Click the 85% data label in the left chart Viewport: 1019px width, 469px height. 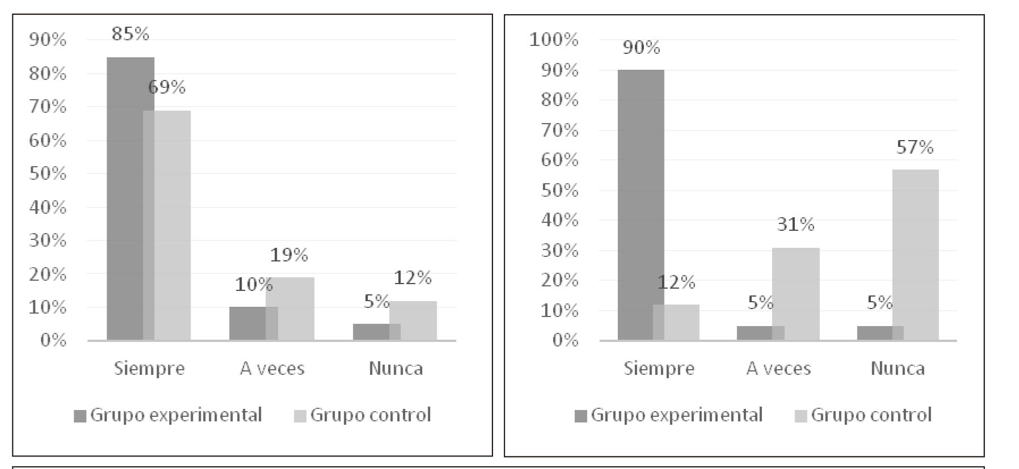[130, 34]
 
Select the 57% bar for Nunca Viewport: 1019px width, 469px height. [915, 255]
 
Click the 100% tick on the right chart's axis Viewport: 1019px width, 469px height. [554, 40]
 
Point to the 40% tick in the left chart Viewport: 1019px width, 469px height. [48, 207]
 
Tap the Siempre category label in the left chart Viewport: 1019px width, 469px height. [149, 369]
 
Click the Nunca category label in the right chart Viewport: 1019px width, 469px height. [898, 369]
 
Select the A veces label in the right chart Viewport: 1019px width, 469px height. [778, 369]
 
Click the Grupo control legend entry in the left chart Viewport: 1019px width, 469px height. [363, 415]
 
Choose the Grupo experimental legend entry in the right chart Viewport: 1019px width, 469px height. [669, 415]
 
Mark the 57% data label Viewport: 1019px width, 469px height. [915, 147]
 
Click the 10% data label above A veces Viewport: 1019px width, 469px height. [254, 284]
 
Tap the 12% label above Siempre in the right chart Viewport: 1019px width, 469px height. [676, 282]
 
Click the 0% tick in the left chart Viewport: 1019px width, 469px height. [53, 340]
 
